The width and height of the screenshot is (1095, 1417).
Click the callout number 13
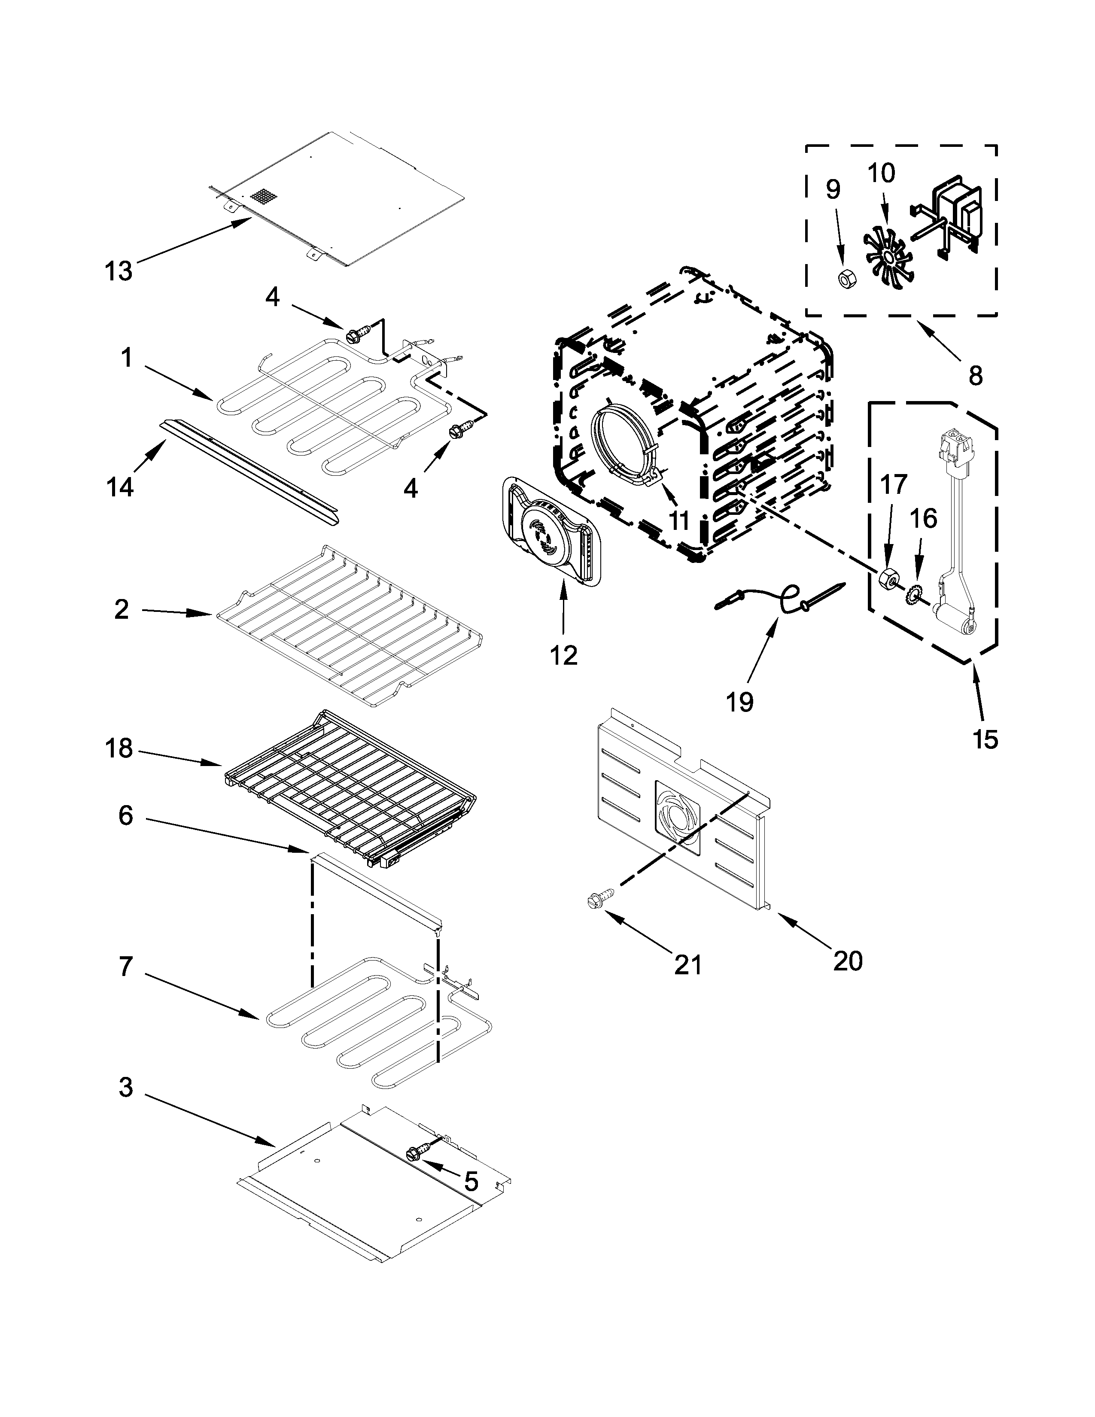pos(118,271)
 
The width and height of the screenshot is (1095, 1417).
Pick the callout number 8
pos(975,374)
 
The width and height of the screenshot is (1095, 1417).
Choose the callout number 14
pos(120,486)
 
